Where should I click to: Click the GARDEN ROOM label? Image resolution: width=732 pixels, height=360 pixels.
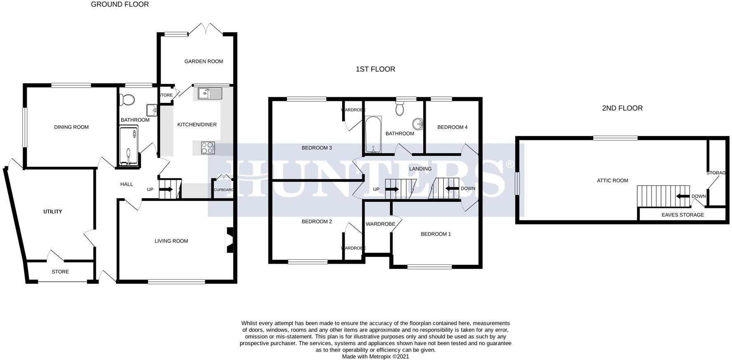pyautogui.click(x=204, y=61)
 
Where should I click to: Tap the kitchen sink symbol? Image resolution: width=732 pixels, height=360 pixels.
pyautogui.click(x=209, y=94)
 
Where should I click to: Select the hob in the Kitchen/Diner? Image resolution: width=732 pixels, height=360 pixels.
pyautogui.click(x=208, y=147)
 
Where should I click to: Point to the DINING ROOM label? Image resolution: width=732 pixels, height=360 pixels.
pyautogui.click(x=71, y=127)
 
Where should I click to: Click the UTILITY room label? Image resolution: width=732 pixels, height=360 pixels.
pyautogui.click(x=53, y=212)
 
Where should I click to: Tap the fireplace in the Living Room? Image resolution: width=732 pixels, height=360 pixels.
pyautogui.click(x=229, y=240)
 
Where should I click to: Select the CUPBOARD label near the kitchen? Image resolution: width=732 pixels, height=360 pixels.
pyautogui.click(x=223, y=190)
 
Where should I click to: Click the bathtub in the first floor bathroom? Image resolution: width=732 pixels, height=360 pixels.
pyautogui.click(x=373, y=134)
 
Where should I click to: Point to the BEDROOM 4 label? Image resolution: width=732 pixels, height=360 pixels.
pyautogui.click(x=452, y=127)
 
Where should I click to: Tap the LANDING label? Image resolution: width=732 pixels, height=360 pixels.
pyautogui.click(x=420, y=169)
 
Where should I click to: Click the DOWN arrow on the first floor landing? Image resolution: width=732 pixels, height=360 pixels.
pyautogui.click(x=452, y=189)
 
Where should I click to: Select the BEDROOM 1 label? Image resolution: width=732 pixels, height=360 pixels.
pyautogui.click(x=436, y=234)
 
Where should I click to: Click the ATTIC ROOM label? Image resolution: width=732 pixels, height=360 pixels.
pyautogui.click(x=612, y=180)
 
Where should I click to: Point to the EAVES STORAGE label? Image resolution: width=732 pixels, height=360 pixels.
pyautogui.click(x=683, y=215)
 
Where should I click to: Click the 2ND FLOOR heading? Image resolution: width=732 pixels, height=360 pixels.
pyautogui.click(x=622, y=108)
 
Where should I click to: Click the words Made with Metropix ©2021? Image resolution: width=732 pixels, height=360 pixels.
pyautogui.click(x=375, y=357)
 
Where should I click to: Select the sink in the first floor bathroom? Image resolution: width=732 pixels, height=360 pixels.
pyautogui.click(x=418, y=124)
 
